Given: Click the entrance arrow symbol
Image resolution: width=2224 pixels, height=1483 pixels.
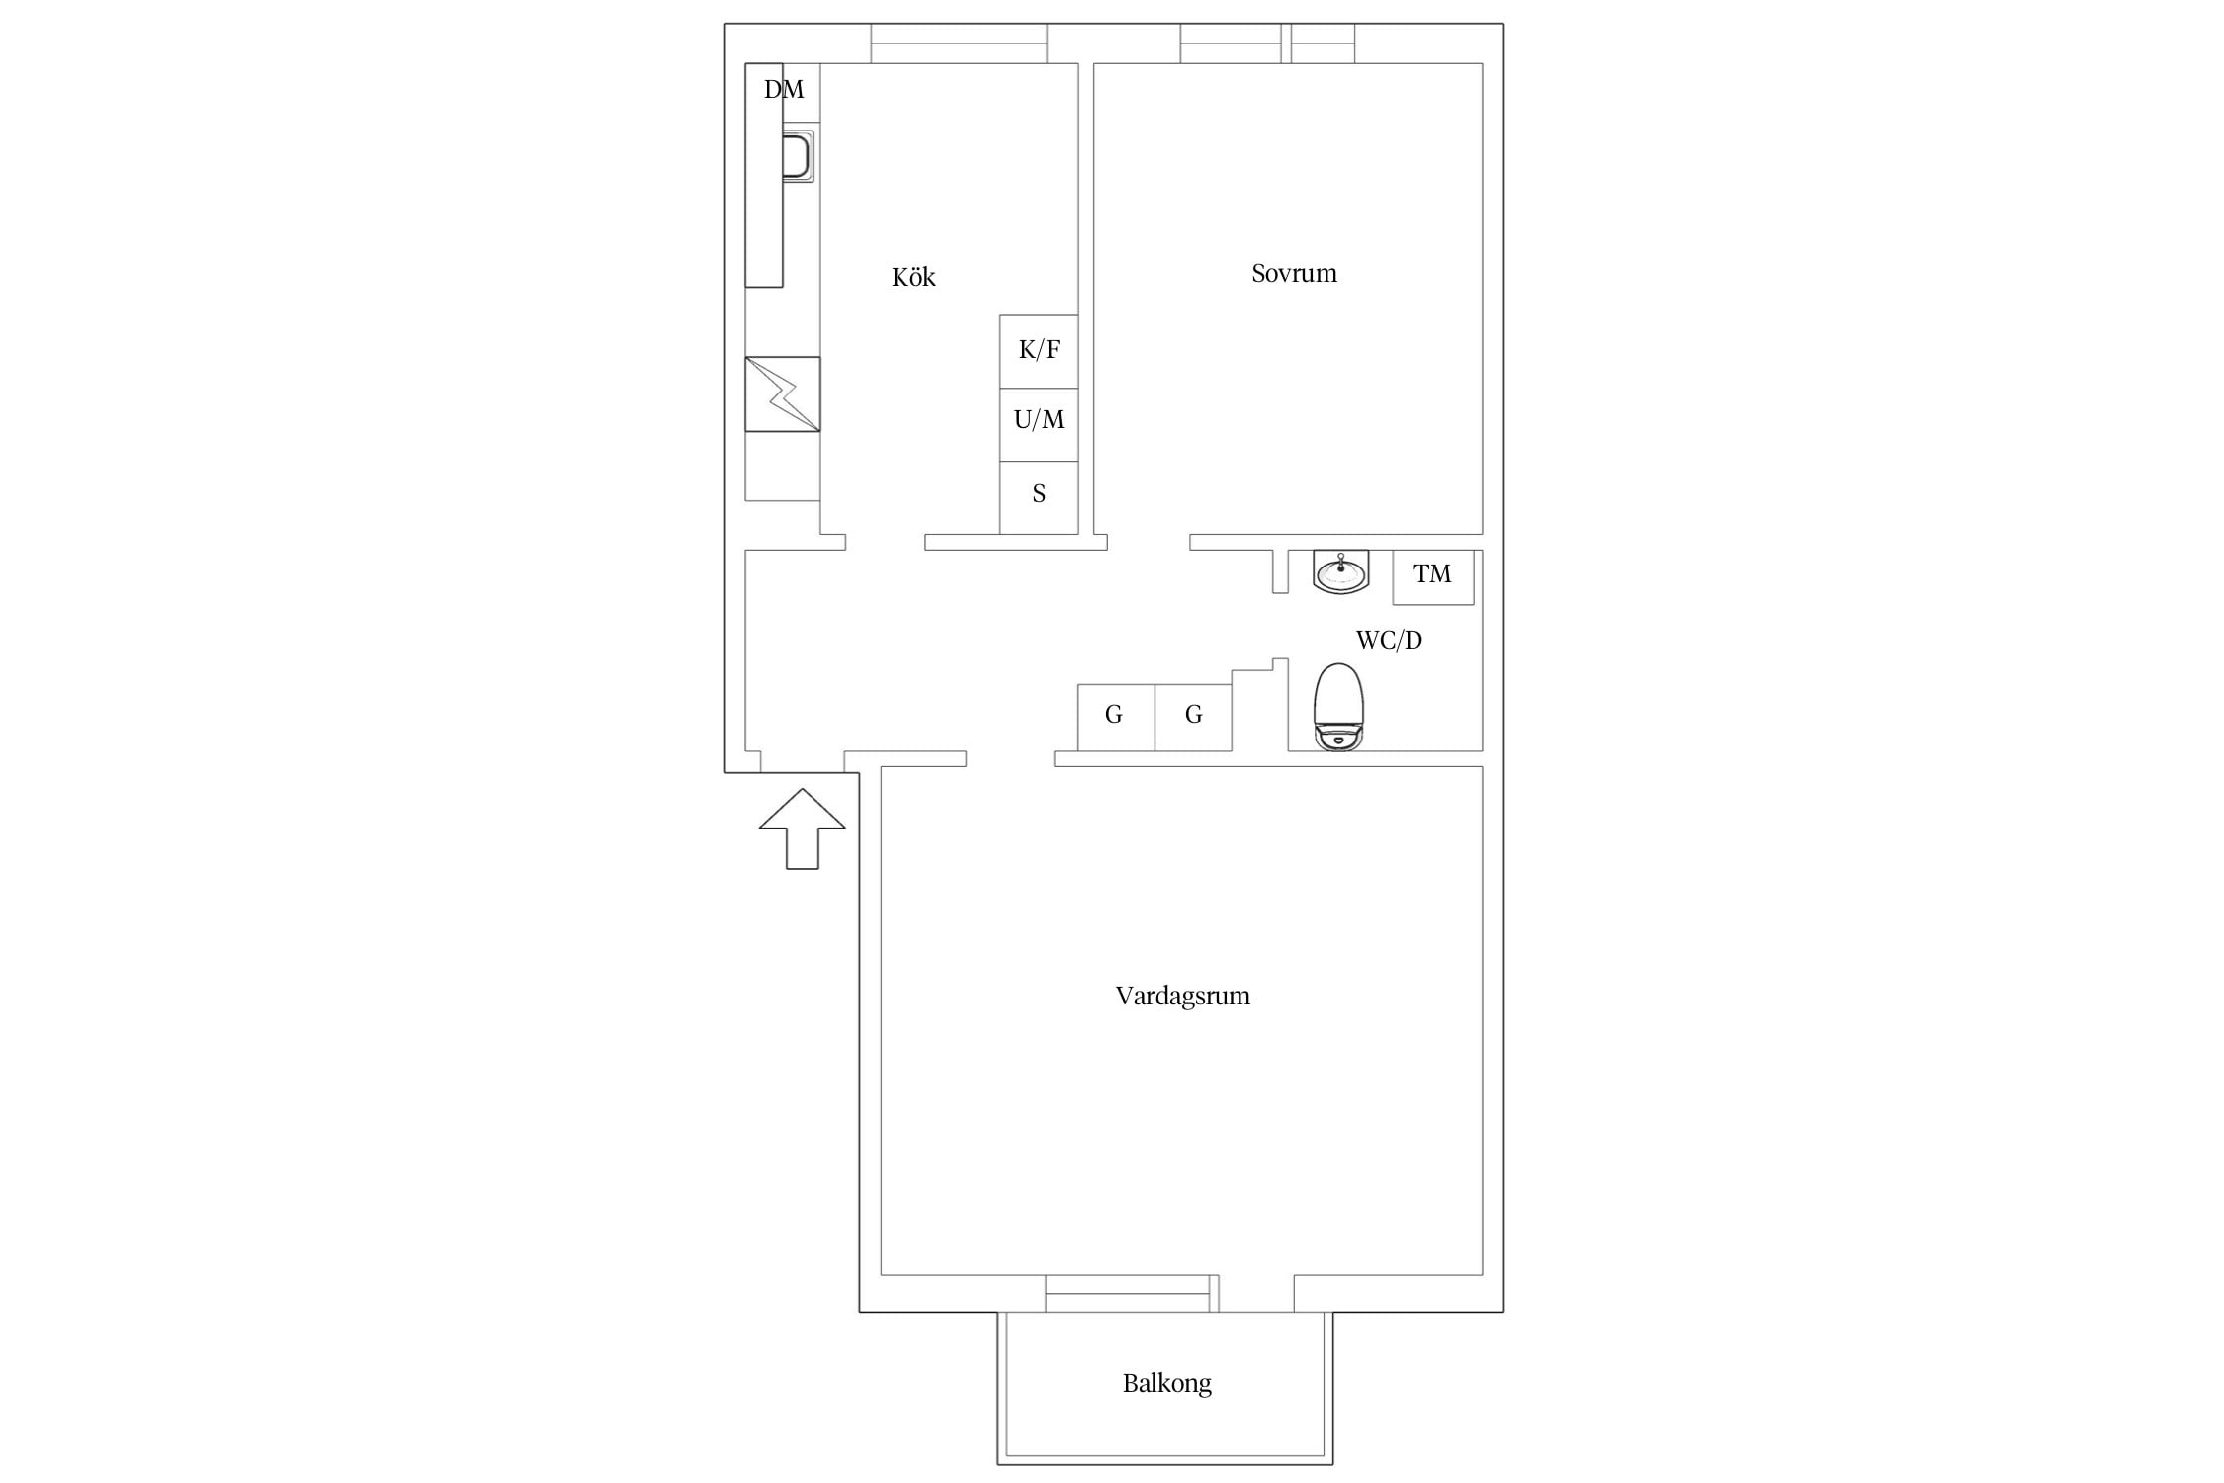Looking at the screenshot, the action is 802,829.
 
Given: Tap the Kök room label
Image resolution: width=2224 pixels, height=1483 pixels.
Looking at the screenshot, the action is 913,277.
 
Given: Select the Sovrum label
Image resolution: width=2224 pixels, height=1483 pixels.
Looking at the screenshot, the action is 1294,273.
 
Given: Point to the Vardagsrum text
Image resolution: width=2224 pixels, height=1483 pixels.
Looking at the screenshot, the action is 1182,996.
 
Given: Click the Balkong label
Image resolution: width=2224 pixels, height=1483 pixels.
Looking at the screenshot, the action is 1166,1383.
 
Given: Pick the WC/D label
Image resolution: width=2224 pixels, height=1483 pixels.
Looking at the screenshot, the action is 1389,640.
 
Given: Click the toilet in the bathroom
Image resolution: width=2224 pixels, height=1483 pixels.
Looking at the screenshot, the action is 1338,706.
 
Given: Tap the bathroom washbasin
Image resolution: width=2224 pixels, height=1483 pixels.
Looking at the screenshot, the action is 1341,572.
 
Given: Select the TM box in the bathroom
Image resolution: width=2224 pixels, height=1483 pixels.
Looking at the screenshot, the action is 1433,576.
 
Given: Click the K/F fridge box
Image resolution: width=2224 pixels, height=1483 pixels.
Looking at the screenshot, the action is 1039,352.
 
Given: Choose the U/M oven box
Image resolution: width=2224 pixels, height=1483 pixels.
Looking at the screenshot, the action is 1039,424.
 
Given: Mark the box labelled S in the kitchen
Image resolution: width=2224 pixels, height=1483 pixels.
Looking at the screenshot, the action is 1039,497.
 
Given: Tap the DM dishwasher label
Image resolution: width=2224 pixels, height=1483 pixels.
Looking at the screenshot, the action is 784,90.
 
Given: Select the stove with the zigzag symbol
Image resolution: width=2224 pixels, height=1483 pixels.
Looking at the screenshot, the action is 783,393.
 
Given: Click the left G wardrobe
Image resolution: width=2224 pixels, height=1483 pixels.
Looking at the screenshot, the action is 1116,718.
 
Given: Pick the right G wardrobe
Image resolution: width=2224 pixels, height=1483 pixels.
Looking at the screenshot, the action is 1193,718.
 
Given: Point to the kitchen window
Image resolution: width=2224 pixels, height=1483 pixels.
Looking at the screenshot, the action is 959,44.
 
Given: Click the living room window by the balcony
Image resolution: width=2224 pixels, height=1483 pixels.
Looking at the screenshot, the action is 1132,1294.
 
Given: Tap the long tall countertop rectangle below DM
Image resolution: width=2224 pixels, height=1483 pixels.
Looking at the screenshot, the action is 764,175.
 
